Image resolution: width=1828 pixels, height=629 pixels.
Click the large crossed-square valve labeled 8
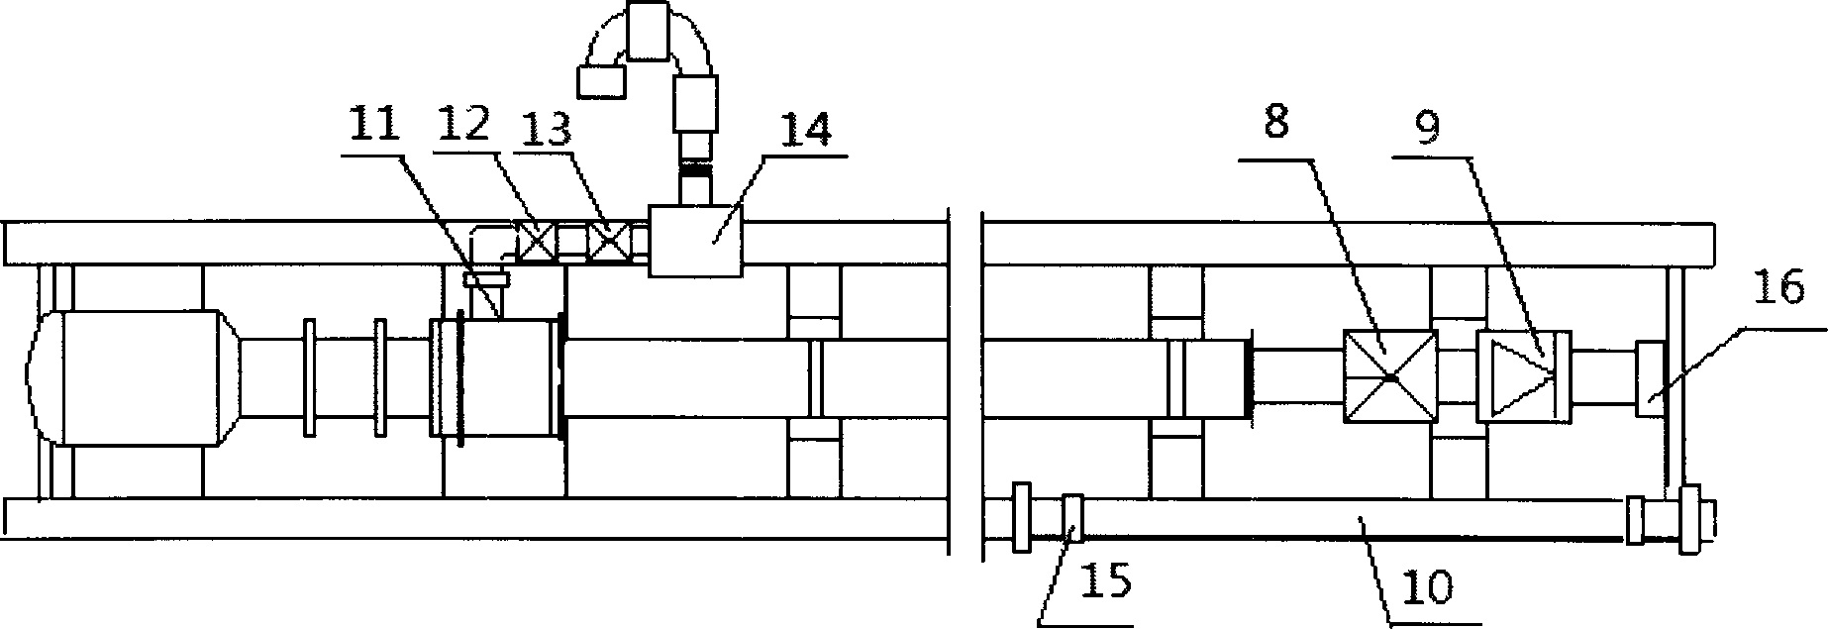tap(1389, 377)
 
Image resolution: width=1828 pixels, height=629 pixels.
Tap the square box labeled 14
tap(696, 240)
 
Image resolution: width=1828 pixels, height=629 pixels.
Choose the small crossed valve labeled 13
tap(607, 242)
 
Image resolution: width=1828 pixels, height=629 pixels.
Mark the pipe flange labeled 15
tap(1071, 517)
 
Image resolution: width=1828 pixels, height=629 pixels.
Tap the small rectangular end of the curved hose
tap(602, 79)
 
